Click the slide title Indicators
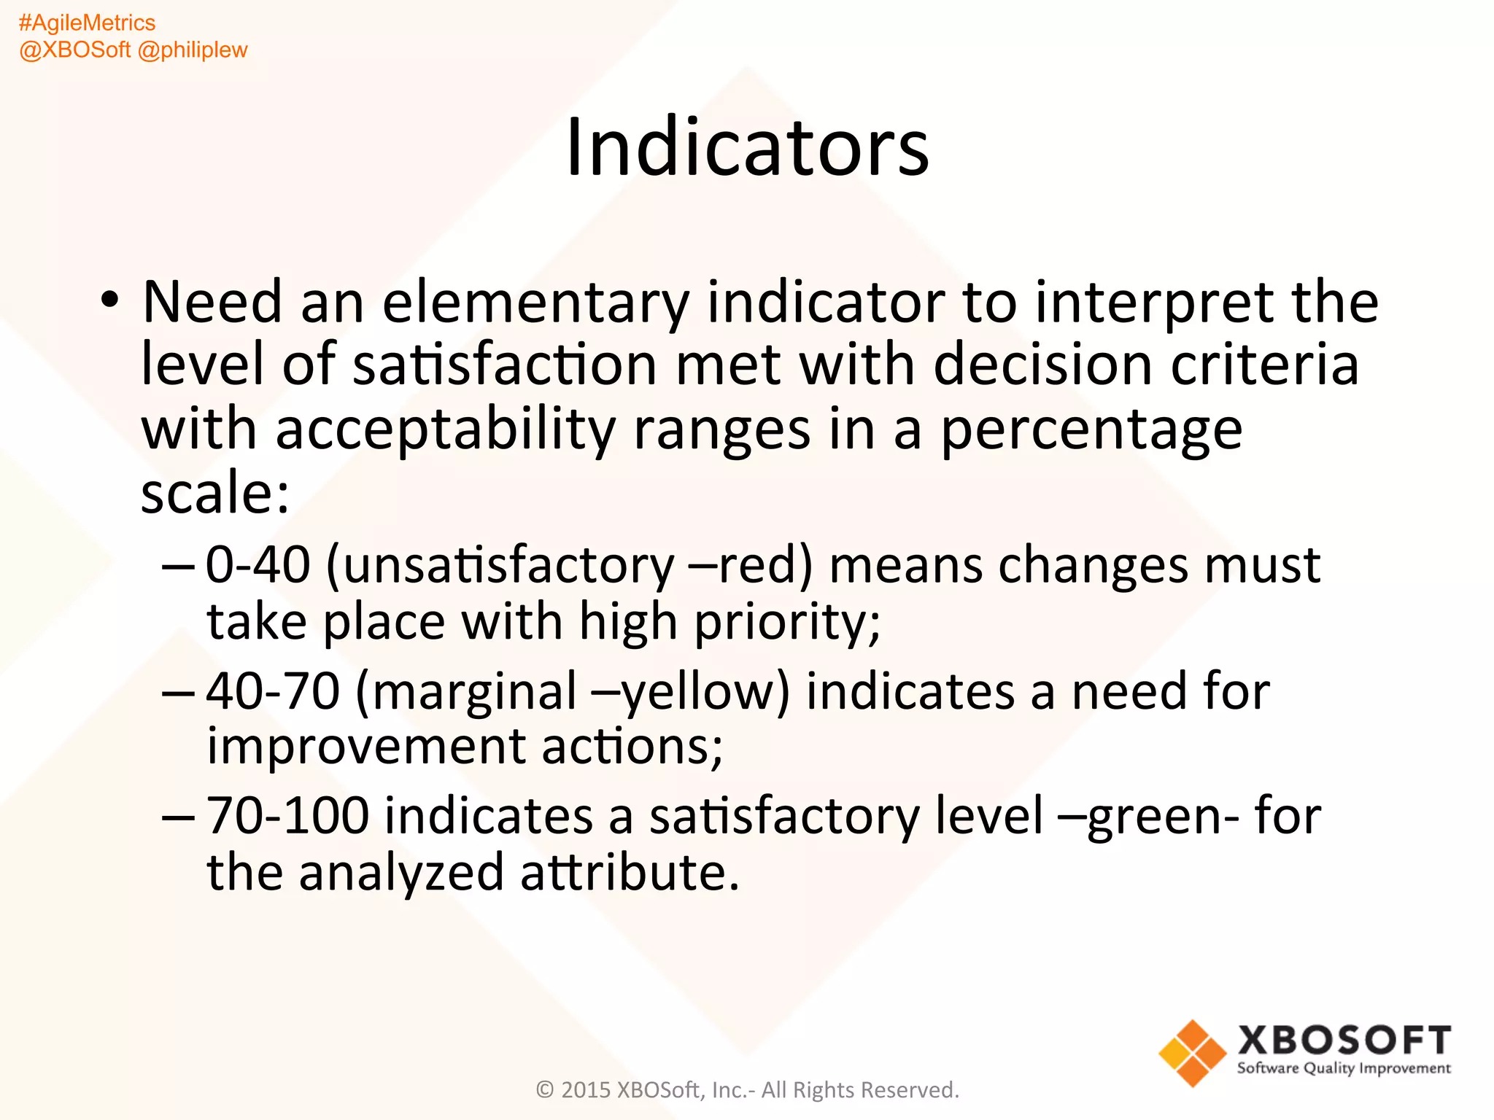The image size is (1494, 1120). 747,148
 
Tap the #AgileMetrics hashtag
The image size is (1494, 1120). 87,23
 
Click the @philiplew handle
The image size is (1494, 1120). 193,50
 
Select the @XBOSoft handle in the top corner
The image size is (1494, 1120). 74,50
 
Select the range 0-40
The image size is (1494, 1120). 258,565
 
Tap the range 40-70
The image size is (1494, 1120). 273,691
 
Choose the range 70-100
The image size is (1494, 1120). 287,816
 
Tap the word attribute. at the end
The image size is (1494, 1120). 630,873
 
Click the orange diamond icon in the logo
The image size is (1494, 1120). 1192,1053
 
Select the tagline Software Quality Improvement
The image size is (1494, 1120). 1343,1069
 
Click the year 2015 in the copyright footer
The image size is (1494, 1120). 585,1090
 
